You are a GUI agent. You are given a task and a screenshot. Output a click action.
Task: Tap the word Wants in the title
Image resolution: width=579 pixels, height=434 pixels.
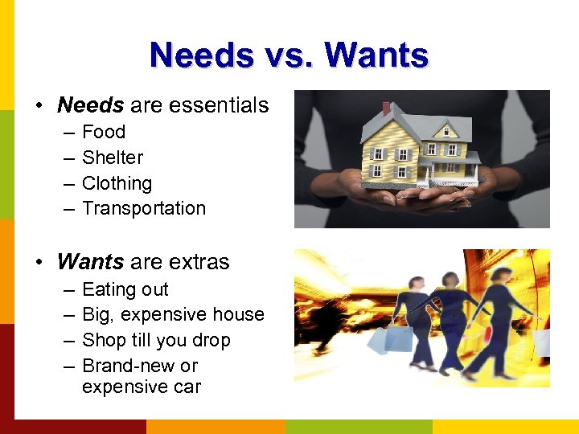(x=376, y=55)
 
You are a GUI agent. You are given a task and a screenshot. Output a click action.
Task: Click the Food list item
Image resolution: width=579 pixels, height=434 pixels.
(x=104, y=132)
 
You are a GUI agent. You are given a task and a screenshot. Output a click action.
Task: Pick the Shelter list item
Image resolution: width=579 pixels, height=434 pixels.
(x=113, y=158)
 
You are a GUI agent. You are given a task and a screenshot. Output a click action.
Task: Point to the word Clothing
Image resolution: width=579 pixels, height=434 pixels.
(x=117, y=183)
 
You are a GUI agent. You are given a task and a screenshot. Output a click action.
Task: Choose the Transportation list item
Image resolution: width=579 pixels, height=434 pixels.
(x=144, y=208)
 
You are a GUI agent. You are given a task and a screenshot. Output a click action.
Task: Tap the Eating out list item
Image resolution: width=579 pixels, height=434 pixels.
(x=125, y=289)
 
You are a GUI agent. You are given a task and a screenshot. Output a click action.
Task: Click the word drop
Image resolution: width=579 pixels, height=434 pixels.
(x=211, y=340)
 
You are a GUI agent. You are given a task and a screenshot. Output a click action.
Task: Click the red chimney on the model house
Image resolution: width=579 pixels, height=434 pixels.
(x=386, y=108)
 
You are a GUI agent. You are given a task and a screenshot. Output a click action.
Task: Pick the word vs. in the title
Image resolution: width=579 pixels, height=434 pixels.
(x=289, y=55)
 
